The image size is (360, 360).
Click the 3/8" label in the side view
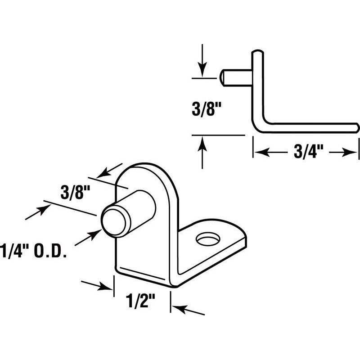pyautogui.click(x=201, y=109)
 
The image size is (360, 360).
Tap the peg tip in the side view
pyautogui.click(x=223, y=77)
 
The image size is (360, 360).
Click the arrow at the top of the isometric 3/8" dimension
pyautogui.click(x=104, y=174)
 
